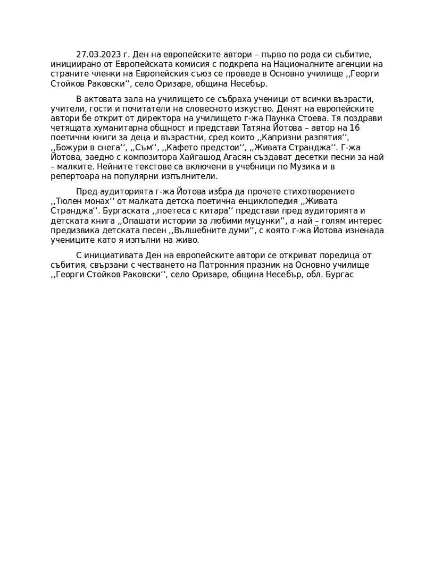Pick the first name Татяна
pyautogui.click(x=260, y=128)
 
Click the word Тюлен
pyautogui.click(x=69, y=201)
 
